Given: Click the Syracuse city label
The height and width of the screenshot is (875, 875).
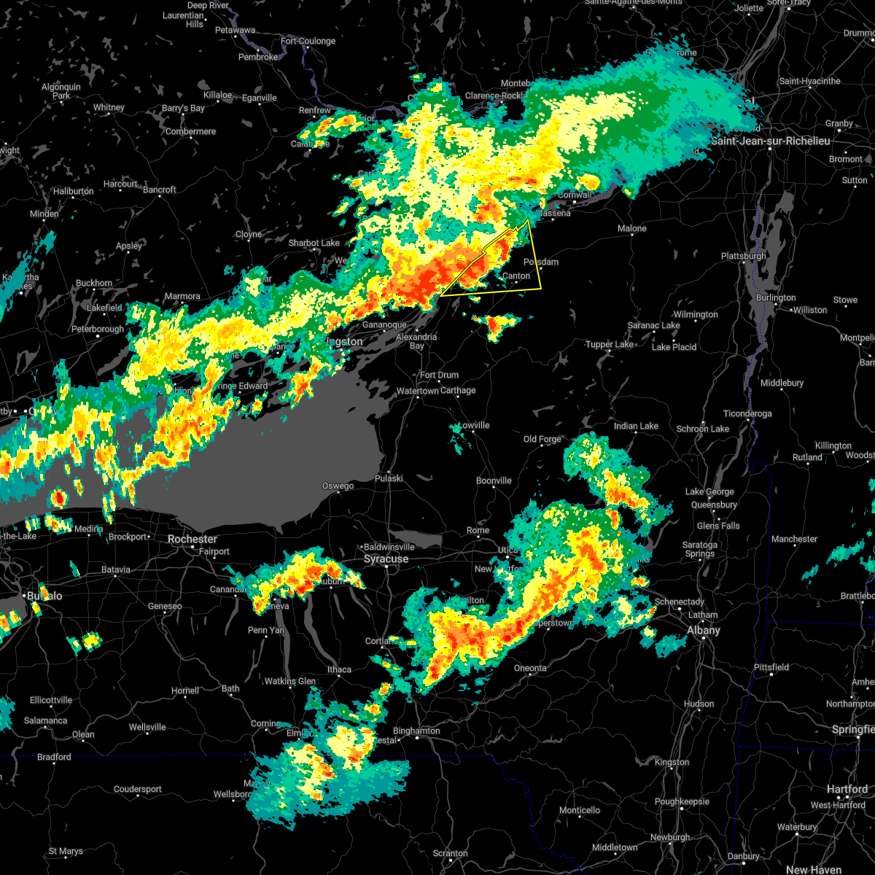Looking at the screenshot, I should [x=386, y=559].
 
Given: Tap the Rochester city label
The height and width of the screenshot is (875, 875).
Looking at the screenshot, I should [x=192, y=540].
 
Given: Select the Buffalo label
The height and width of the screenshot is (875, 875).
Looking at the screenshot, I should [x=44, y=596].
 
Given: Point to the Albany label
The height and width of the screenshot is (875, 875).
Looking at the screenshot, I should [x=704, y=630].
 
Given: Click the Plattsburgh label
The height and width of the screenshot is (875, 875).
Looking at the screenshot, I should [x=743, y=257].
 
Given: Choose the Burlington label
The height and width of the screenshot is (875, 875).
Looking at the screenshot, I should [x=776, y=297].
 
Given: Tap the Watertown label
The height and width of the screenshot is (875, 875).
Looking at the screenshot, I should [x=417, y=392].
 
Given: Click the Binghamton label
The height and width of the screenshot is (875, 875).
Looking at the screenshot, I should [x=416, y=731].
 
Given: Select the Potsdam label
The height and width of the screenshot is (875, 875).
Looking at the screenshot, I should [x=541, y=262].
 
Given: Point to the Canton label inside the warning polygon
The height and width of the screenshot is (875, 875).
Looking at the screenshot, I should [x=517, y=276].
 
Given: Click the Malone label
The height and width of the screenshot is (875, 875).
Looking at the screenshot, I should [x=631, y=229].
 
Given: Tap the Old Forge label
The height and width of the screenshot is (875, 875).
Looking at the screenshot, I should [x=542, y=439].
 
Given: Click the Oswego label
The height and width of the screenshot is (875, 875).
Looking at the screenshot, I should [x=338, y=486].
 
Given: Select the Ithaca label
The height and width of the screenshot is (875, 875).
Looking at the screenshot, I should [x=339, y=669].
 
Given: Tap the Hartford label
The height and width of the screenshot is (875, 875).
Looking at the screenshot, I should [x=847, y=789].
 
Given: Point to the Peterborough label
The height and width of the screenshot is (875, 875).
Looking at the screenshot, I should [x=98, y=330].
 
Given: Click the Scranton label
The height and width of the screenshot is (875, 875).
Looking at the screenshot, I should [x=450, y=853].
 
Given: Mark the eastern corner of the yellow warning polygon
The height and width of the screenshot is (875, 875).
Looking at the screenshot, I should [x=541, y=288].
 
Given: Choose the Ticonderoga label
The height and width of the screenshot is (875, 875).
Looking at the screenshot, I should [x=747, y=413].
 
